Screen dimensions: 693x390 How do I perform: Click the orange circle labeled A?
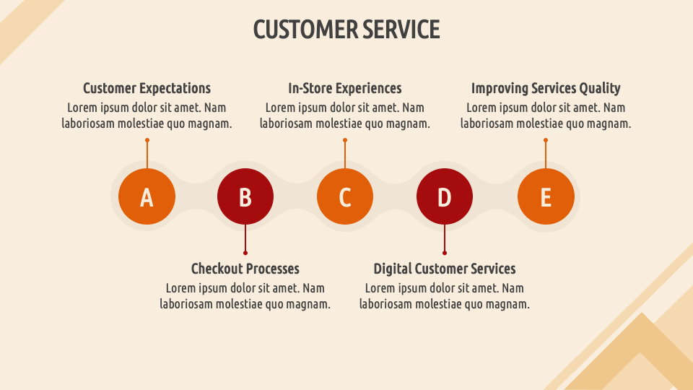(147, 196)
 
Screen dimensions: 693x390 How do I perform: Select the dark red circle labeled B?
(245, 196)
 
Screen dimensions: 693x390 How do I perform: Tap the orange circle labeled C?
(345, 196)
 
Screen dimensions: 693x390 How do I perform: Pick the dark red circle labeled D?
(445, 196)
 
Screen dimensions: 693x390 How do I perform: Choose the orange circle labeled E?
(546, 196)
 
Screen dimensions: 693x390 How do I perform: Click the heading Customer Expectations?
(147, 88)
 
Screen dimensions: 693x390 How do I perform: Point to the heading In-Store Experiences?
(345, 88)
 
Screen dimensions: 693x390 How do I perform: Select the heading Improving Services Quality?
(546, 88)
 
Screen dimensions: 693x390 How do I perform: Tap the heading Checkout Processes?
(245, 269)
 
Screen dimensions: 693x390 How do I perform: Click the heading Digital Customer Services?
(445, 269)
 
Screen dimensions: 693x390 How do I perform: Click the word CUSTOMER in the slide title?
(305, 30)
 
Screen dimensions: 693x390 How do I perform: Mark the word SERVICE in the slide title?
(401, 30)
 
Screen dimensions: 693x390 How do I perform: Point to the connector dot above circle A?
(147, 140)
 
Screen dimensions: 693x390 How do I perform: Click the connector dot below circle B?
(245, 253)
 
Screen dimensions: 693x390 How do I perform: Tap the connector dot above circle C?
(345, 140)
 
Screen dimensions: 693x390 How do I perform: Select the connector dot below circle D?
(445, 253)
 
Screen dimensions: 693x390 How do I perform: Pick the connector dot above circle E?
(546, 140)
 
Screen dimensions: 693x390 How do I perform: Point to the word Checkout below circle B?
(216, 269)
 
